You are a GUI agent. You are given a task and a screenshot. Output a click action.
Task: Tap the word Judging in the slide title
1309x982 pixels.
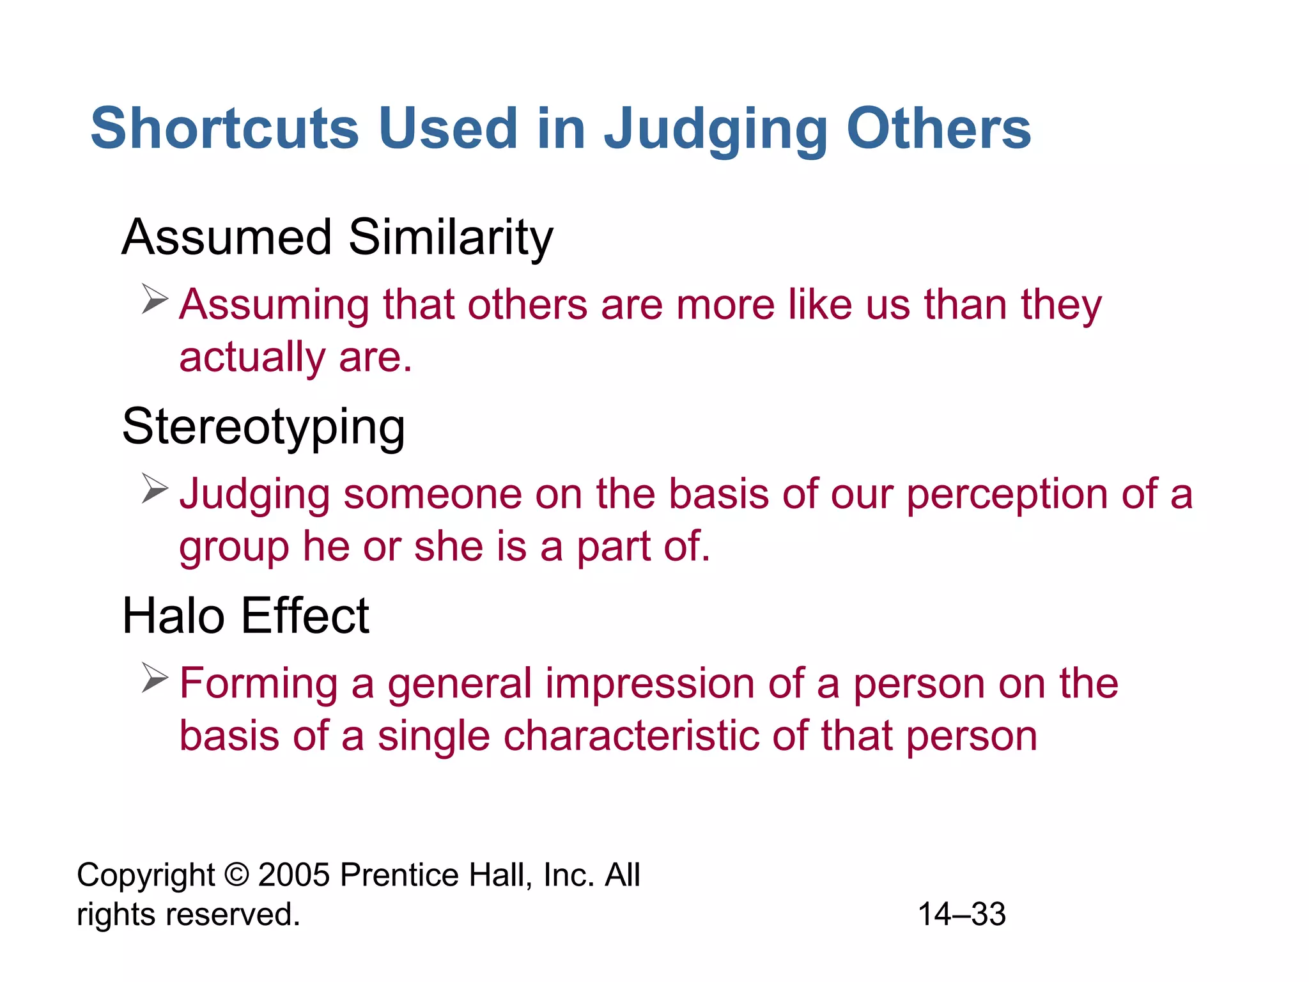pyautogui.click(x=716, y=130)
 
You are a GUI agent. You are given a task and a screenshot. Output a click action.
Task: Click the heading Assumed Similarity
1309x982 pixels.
pyautogui.click(x=337, y=237)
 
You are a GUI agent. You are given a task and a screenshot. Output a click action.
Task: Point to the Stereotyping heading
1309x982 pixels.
pyautogui.click(x=263, y=427)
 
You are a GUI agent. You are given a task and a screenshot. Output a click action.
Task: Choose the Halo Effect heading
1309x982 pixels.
pyautogui.click(x=245, y=616)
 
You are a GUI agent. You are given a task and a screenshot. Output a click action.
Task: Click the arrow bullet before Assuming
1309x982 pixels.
pyautogui.click(x=155, y=299)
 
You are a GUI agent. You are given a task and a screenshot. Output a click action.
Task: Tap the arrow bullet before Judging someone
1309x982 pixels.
pyautogui.click(x=155, y=489)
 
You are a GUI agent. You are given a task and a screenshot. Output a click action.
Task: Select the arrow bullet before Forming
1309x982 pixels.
pyautogui.click(x=155, y=678)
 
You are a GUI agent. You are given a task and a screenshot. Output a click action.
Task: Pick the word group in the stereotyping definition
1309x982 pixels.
pyautogui.click(x=233, y=547)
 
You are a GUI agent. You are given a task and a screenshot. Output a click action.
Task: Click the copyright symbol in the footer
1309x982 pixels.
pyautogui.click(x=236, y=875)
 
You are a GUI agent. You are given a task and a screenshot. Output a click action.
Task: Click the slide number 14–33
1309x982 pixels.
pyautogui.click(x=961, y=914)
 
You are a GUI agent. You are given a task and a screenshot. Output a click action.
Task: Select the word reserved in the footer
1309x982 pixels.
pyautogui.click(x=232, y=914)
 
